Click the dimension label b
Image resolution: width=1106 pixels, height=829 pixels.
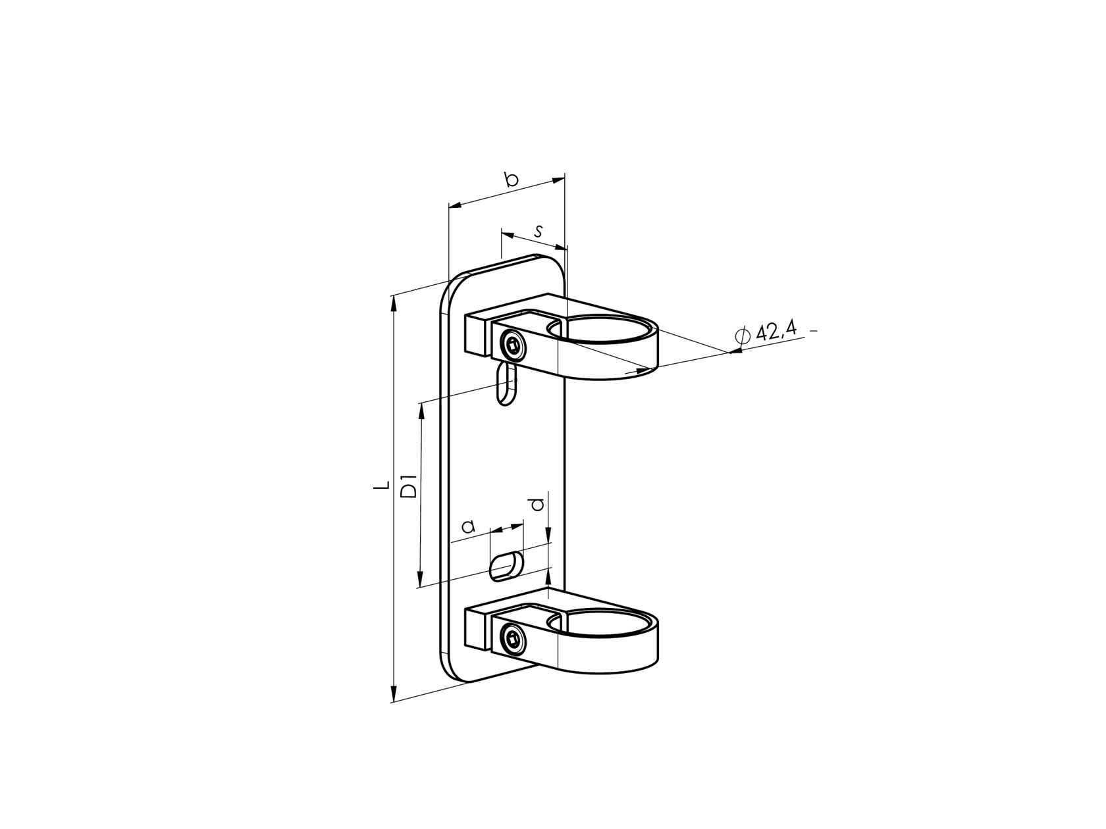click(512, 179)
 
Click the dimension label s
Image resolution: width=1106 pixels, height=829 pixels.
click(539, 231)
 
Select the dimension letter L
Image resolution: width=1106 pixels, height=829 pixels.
click(380, 488)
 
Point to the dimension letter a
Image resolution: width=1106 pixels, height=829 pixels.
click(468, 526)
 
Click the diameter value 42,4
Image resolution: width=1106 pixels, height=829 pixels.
click(776, 331)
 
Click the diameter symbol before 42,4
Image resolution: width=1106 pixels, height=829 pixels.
click(742, 336)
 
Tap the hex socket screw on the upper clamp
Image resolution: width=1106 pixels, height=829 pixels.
click(512, 343)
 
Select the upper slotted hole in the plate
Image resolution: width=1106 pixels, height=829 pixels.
click(506, 384)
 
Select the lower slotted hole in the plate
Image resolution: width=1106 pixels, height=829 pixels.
click(506, 566)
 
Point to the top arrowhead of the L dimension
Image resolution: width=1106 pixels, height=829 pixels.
click(394, 301)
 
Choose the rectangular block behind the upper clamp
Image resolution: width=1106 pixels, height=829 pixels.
click(477, 335)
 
